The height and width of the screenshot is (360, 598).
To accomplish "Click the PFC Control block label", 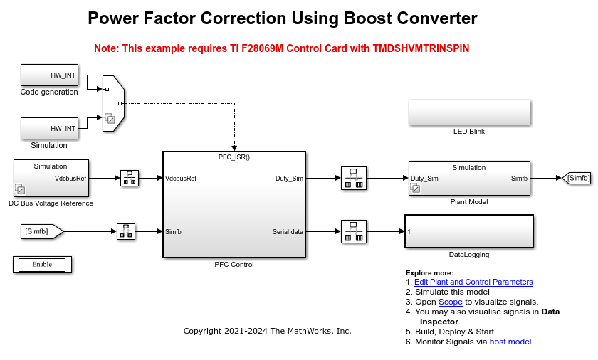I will [x=234, y=265].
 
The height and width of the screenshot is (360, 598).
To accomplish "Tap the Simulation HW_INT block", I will [x=49, y=128].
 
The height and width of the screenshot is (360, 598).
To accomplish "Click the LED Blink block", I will [x=469, y=112].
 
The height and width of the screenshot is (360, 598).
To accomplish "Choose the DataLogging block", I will [x=468, y=231].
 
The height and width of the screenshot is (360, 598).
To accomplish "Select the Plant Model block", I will [x=469, y=178].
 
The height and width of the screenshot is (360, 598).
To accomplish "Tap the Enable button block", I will [x=42, y=264].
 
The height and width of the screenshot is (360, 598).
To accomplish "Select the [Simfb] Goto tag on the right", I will [x=577, y=178].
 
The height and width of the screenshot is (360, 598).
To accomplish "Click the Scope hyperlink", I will [x=450, y=302].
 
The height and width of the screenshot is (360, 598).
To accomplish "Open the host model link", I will [x=510, y=342].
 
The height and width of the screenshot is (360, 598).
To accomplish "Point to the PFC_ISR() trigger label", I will [x=234, y=157].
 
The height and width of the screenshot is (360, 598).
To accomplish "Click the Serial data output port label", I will [x=288, y=231].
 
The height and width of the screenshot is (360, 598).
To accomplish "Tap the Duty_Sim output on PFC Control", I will [x=290, y=178].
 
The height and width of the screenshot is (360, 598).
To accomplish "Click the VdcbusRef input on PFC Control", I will [x=181, y=178].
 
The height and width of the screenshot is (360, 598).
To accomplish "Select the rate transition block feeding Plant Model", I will [x=353, y=178].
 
